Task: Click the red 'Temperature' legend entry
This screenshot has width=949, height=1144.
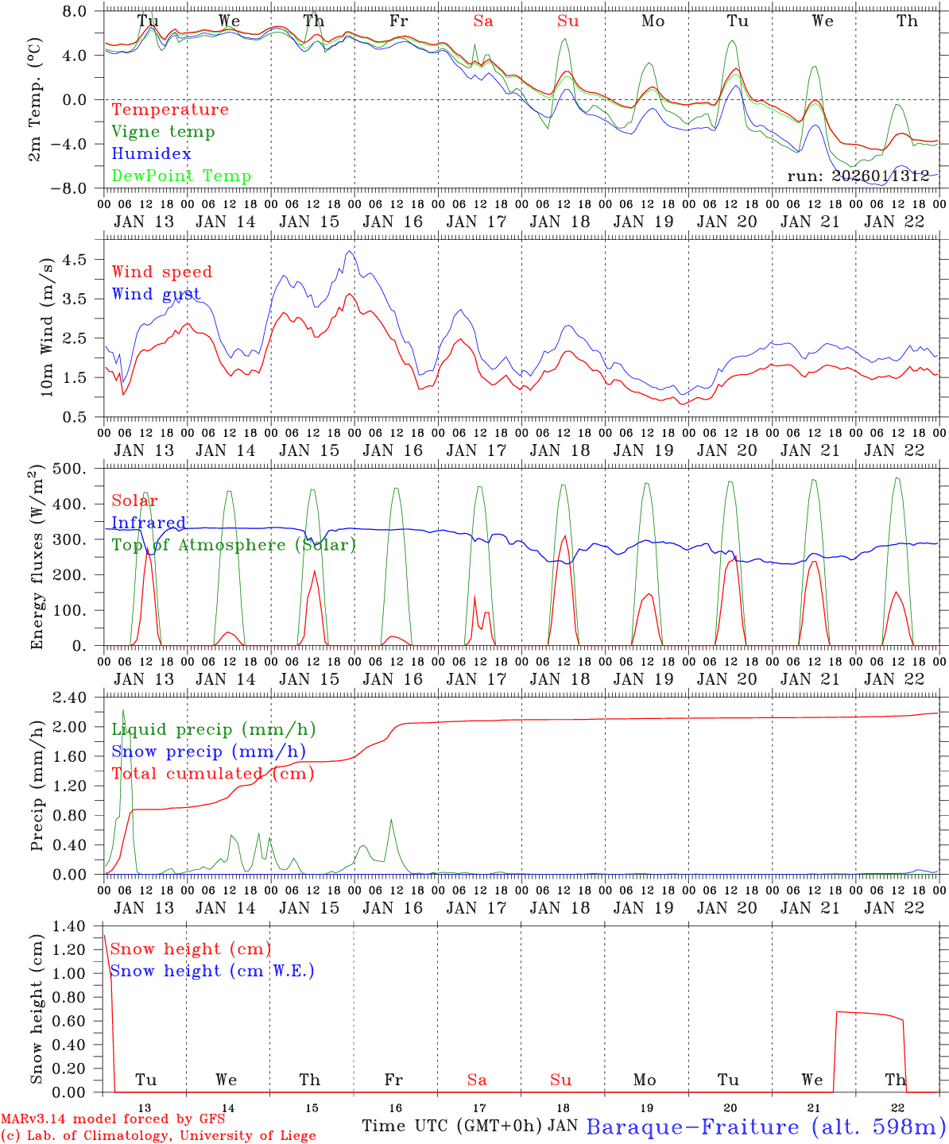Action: point(170,110)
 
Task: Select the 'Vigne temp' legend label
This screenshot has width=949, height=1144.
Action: point(163,132)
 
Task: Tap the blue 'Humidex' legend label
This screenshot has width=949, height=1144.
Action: point(151,154)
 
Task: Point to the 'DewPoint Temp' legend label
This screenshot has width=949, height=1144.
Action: point(181,176)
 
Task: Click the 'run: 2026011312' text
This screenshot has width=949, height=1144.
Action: point(858,176)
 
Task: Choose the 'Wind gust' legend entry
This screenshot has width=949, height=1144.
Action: point(156,294)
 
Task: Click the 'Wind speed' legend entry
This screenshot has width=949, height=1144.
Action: point(162,272)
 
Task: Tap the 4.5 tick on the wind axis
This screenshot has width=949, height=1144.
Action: point(83,259)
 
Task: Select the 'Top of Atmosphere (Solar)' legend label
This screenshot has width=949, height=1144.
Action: point(234,545)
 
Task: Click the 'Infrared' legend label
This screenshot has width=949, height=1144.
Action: point(149,523)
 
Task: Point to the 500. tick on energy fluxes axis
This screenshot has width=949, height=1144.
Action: point(79,469)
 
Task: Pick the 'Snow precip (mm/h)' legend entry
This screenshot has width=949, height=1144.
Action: point(208,752)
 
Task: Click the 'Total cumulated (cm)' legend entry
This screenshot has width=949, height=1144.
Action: point(212,774)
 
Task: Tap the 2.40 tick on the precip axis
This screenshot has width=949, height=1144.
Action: point(79,698)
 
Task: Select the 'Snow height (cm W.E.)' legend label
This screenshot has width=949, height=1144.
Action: point(212,971)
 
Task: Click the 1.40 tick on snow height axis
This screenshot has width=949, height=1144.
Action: point(79,926)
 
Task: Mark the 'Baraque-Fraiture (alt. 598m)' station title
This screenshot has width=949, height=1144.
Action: point(766,1127)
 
